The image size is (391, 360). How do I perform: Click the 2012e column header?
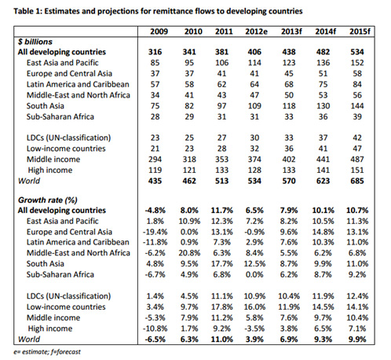pos(256,31)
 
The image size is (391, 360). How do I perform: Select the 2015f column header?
pos(360,31)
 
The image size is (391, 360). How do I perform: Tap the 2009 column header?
pos(159,31)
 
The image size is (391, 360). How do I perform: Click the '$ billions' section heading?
pos(35,42)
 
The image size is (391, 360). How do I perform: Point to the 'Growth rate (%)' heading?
pos(48,200)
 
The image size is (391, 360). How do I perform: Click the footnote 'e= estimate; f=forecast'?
pos(47,351)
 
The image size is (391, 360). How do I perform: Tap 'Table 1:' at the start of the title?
pos(27,11)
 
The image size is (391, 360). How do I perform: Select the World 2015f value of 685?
pos(357,181)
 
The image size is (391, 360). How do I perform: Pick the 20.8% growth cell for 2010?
pos(189,253)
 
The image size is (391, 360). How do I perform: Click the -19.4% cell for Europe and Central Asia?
pos(155,232)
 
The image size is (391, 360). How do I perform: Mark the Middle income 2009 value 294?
pos(155,160)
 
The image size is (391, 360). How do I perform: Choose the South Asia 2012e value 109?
pos(254,106)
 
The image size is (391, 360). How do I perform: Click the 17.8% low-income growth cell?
pos(222,307)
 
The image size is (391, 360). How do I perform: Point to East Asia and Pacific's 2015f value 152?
pos(357,63)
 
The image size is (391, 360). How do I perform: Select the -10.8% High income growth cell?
pos(155,329)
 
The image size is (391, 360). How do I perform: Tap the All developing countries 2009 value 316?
pos(155,52)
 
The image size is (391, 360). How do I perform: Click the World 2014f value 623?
pos(323,181)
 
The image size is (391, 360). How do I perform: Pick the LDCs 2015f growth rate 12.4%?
pos(357,296)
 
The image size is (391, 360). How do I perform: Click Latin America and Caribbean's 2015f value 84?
pos(357,84)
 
